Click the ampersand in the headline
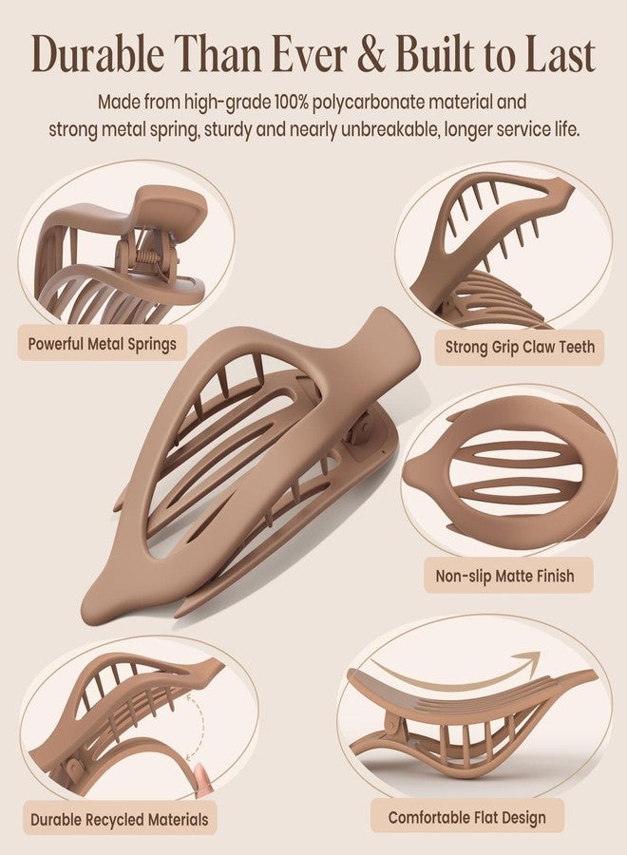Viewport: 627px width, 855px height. point(372,54)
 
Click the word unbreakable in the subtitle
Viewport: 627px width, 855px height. point(389,130)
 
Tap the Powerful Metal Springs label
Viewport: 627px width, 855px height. point(102,344)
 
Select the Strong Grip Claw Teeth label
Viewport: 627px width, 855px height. point(520,347)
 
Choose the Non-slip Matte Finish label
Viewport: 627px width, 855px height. point(504,576)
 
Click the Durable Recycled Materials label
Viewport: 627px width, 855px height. point(120,820)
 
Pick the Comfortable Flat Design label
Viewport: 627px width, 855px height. point(466,817)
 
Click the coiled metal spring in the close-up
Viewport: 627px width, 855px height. point(148,256)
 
